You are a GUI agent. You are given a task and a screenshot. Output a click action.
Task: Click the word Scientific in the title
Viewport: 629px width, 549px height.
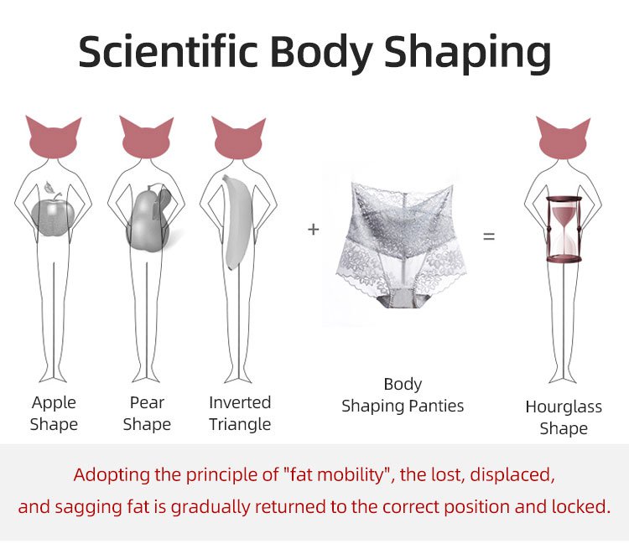pos(168,52)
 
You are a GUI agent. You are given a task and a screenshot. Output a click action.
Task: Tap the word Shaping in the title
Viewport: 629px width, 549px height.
pos(467,54)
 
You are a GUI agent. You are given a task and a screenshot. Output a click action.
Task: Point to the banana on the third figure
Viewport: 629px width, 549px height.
pos(237,222)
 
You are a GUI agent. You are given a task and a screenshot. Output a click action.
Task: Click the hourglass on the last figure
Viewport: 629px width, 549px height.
pos(564,229)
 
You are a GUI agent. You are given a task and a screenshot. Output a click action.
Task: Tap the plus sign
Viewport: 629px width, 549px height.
pos(314,230)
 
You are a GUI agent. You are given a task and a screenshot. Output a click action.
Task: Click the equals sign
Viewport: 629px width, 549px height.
pos(489,236)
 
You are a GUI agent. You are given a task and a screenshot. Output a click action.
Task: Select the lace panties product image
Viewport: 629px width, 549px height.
pos(401,245)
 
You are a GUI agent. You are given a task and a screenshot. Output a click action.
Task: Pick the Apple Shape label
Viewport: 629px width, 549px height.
pos(54,413)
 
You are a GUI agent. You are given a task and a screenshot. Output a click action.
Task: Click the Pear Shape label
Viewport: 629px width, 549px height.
pos(147,413)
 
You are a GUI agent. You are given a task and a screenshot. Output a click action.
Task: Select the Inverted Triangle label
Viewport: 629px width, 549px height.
pos(240,413)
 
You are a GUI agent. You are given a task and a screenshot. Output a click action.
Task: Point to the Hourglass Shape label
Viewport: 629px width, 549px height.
pos(564,417)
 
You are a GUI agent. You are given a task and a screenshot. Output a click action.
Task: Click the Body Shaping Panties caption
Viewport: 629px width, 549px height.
pos(403,395)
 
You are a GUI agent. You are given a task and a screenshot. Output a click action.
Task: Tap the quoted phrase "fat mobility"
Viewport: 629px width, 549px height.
pos(334,474)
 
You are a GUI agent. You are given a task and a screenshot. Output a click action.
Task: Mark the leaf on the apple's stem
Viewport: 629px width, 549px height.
pos(49,186)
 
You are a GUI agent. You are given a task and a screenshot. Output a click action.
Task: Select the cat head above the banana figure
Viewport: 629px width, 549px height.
pos(238,138)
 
